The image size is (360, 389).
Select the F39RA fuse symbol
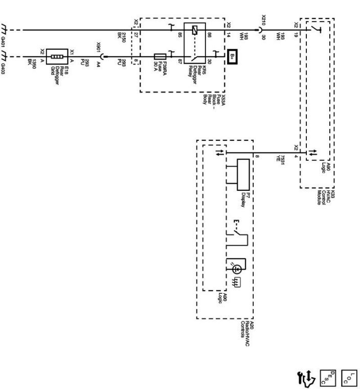click(159, 55)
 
